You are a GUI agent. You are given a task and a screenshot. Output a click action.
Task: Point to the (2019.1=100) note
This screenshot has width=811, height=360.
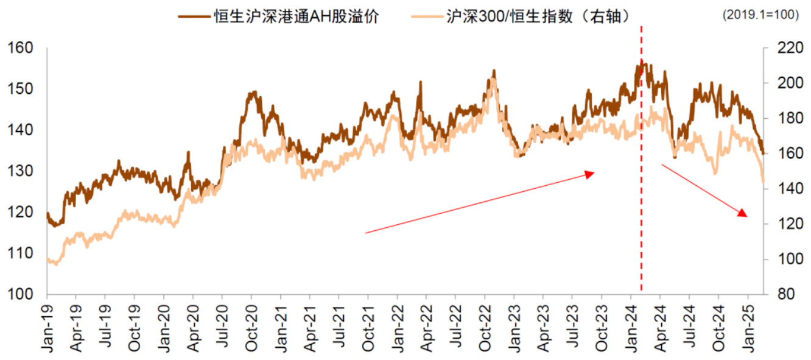pos(760,16)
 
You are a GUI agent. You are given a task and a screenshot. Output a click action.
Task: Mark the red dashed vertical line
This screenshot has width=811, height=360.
pos(641,183)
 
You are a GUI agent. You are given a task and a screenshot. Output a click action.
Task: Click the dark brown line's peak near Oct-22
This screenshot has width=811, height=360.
pos(493,71)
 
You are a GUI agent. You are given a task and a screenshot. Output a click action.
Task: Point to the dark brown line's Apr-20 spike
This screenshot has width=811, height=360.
pos(188,153)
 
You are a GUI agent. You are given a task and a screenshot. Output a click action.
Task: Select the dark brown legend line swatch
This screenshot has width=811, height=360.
pos(194,16)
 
